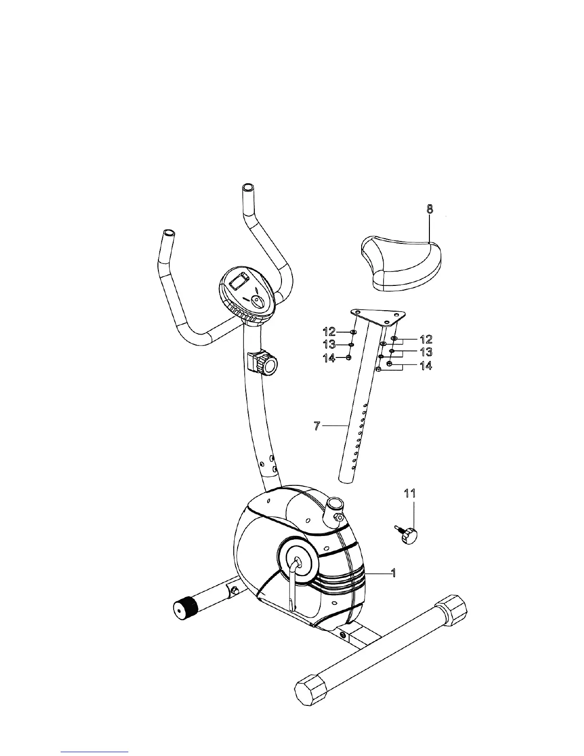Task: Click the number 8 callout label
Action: pyautogui.click(x=430, y=209)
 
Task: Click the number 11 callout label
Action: pyautogui.click(x=410, y=493)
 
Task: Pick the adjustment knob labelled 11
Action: pyautogui.click(x=408, y=536)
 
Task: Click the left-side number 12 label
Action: pyautogui.click(x=329, y=330)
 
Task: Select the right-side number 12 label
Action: pyautogui.click(x=426, y=339)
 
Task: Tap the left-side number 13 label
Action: pyautogui.click(x=329, y=344)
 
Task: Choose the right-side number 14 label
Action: pyautogui.click(x=426, y=366)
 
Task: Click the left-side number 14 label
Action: pyautogui.click(x=329, y=357)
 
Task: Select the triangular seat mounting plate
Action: pyautogui.click(x=378, y=316)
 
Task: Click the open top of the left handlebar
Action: pyautogui.click(x=169, y=234)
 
